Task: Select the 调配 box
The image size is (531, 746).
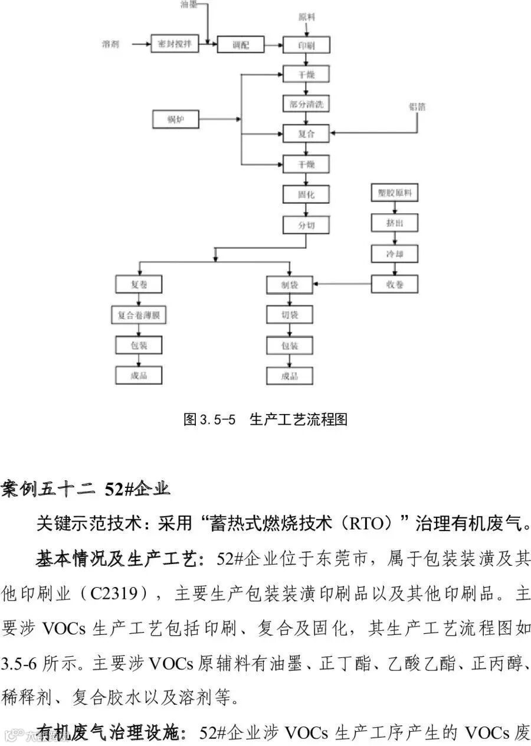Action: [x=240, y=44]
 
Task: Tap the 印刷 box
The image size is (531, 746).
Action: [x=306, y=45]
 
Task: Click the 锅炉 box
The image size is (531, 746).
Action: [x=175, y=120]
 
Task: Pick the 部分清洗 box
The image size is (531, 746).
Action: [x=306, y=104]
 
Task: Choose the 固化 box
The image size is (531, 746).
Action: [x=306, y=194]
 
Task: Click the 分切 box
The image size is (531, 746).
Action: [x=306, y=225]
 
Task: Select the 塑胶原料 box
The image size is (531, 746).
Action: [x=395, y=193]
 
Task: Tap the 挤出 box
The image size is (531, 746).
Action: [x=395, y=223]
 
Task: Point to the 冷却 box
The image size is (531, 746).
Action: [x=395, y=254]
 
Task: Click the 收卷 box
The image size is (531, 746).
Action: [x=395, y=284]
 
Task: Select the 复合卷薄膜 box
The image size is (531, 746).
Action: [x=138, y=315]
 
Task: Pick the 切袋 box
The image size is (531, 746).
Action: [x=289, y=315]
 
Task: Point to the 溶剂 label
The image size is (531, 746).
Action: [x=111, y=44]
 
